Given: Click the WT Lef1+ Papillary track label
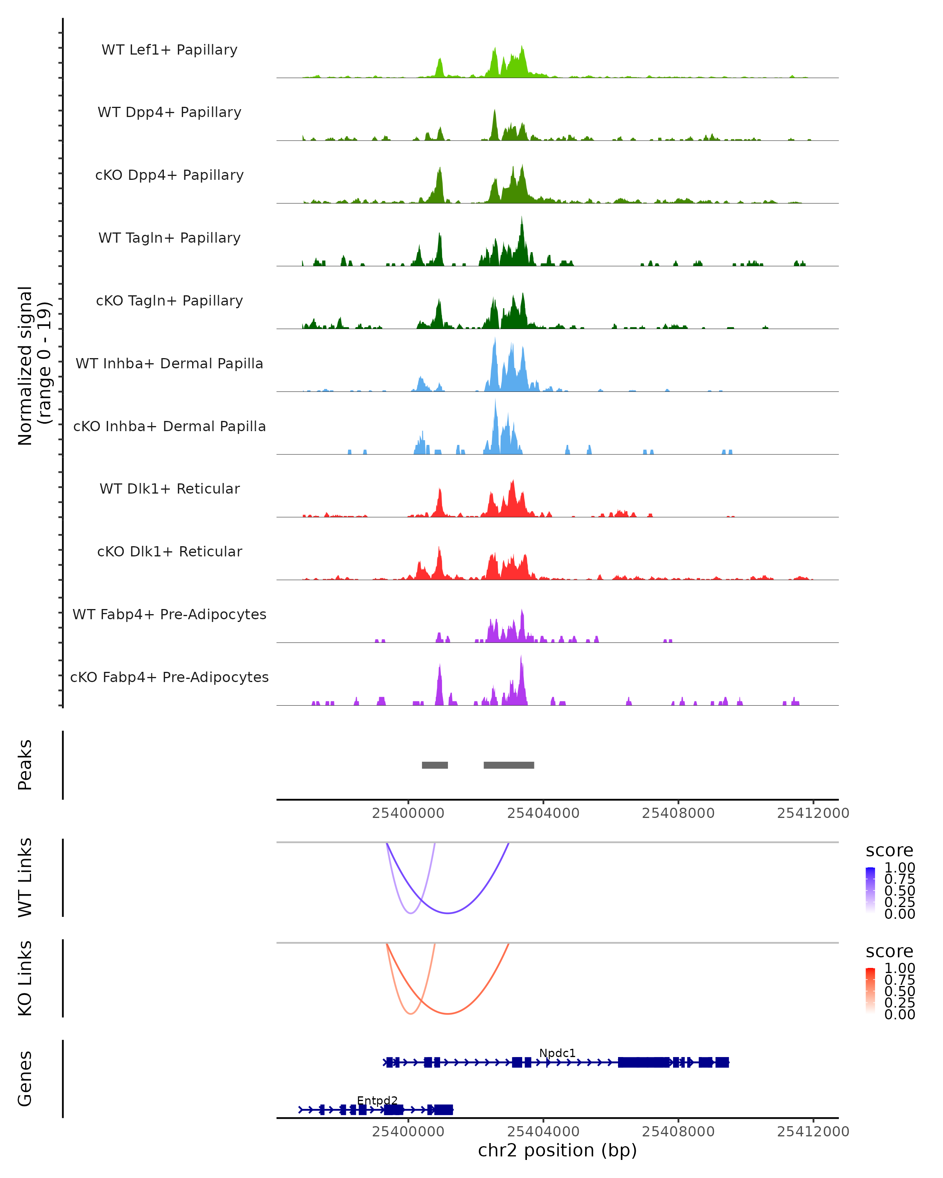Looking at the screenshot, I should (x=169, y=50).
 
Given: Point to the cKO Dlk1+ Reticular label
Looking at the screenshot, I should (x=169, y=551).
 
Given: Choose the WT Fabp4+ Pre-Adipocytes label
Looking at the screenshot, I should (x=169, y=614).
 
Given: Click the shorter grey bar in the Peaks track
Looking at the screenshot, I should (x=435, y=765).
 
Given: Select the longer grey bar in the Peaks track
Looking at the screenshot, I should (x=508, y=765).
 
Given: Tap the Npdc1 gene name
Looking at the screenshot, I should (x=557, y=1053).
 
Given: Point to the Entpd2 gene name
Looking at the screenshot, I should (x=377, y=1100).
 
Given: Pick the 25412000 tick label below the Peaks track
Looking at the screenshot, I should (x=813, y=813).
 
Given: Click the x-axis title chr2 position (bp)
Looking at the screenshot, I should (x=557, y=1151).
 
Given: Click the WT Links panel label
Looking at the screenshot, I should (x=25, y=877).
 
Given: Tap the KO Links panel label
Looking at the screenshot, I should (x=25, y=978).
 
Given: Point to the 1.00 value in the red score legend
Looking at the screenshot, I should (x=899, y=968).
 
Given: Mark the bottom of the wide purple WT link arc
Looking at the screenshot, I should (x=448, y=913).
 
